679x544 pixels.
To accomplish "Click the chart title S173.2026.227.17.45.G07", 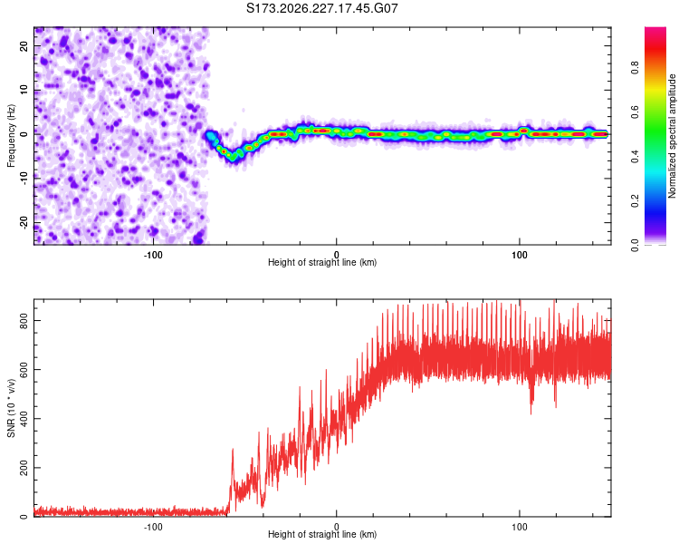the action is (321, 8).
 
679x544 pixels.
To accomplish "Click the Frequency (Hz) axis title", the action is (11, 136).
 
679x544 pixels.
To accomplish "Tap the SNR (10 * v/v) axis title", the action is (11, 408).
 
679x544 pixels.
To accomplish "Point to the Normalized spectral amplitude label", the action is (672, 136).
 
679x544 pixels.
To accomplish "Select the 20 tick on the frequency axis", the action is (24, 45).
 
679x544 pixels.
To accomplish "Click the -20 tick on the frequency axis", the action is (24, 222).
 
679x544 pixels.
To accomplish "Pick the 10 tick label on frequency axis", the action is (24, 90).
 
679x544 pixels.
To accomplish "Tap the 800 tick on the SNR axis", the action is (24, 321).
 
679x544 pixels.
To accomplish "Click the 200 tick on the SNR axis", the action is (24, 468).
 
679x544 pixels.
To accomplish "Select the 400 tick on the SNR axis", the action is (24, 419).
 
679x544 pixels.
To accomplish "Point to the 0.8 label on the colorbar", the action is (635, 68).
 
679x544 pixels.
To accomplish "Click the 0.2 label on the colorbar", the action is (635, 201).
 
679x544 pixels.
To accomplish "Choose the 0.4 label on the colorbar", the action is (635, 157).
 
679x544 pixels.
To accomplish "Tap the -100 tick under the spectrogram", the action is (153, 255).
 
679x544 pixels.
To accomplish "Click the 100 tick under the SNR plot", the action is (520, 527).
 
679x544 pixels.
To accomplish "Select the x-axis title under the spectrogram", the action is (322, 262).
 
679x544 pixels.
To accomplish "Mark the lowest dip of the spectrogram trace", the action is (234, 158).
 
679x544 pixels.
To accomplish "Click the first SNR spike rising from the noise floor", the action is (233, 451).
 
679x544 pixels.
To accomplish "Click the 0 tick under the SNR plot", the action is (336, 527).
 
